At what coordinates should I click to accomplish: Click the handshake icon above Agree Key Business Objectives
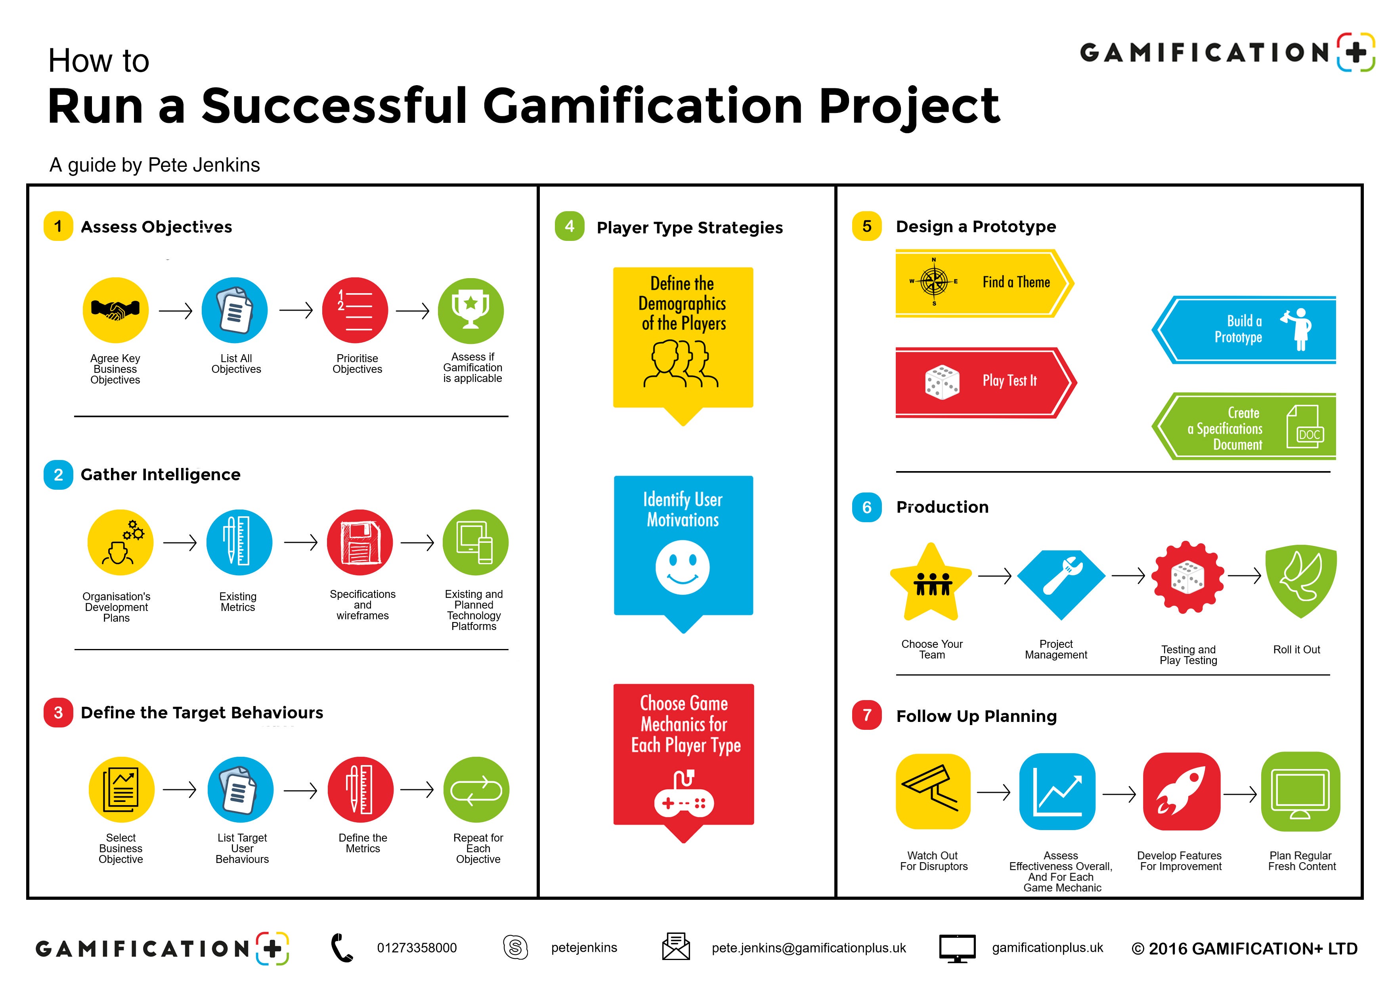pyautogui.click(x=115, y=310)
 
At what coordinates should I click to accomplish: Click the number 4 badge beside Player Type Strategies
pyautogui.click(x=569, y=226)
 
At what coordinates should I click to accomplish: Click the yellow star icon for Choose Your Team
pyautogui.click(x=931, y=584)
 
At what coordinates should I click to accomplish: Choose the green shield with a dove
pyautogui.click(x=1300, y=580)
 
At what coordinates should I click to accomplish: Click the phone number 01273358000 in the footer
pyautogui.click(x=417, y=948)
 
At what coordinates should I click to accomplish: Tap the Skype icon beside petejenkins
pyautogui.click(x=515, y=947)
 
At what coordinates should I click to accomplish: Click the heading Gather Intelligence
pyautogui.click(x=161, y=475)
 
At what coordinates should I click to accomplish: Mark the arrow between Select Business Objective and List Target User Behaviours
pyautogui.click(x=180, y=790)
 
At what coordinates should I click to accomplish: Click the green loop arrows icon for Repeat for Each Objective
pyautogui.click(x=476, y=790)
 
